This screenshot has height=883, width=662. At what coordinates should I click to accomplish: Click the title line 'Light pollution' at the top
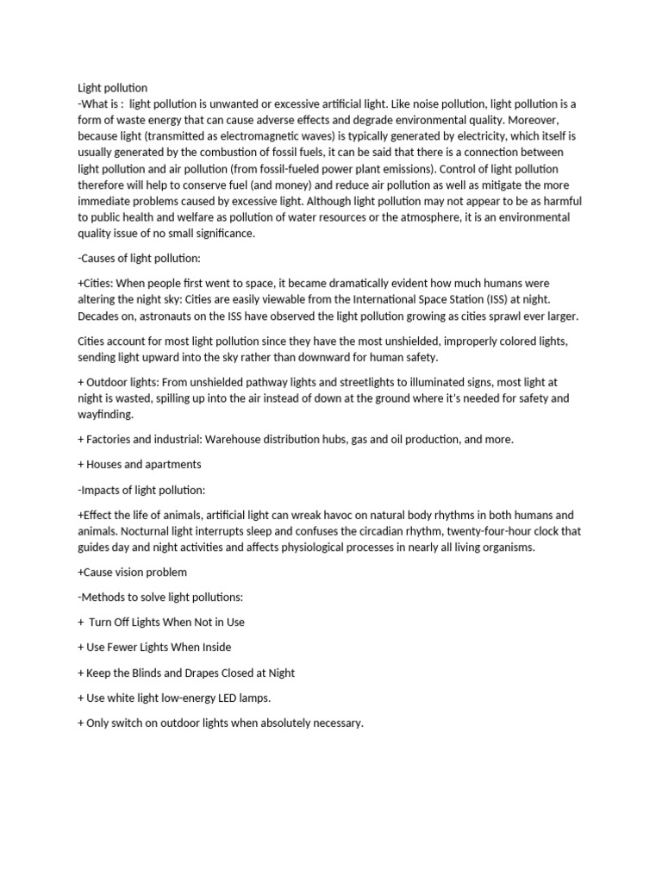pos(112,87)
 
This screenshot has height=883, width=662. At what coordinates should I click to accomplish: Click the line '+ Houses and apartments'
pos(139,464)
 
